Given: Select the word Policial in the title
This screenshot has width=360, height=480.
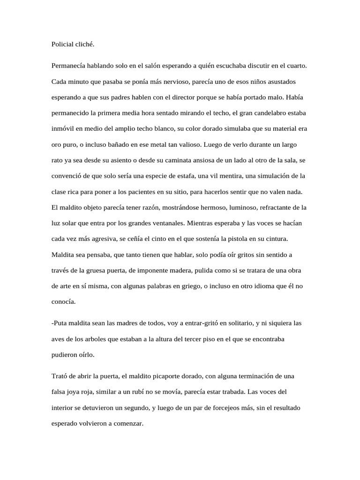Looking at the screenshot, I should point(64,45).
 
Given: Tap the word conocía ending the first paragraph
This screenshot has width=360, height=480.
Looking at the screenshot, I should point(63,302).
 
